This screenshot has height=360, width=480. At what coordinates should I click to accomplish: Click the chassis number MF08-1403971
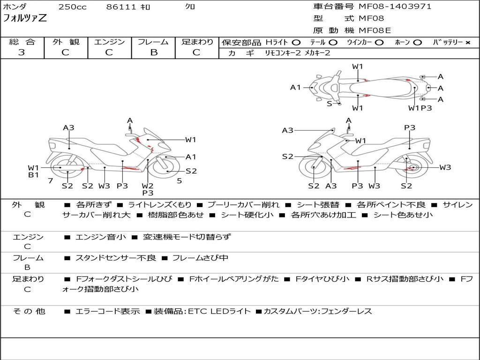[x=395, y=7]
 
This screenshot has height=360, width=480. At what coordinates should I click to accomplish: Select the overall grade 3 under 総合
[x=22, y=52]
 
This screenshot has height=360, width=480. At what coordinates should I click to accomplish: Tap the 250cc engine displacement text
[x=73, y=7]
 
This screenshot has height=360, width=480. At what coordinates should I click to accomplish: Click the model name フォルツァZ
[x=25, y=18]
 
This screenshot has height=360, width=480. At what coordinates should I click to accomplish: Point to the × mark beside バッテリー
[x=468, y=43]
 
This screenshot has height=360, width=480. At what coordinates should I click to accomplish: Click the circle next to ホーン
[x=418, y=43]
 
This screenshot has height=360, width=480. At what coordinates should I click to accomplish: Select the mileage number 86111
[x=121, y=7]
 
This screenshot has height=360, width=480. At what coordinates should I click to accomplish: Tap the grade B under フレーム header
[x=154, y=52]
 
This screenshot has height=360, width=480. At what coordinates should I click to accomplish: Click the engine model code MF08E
[x=375, y=30]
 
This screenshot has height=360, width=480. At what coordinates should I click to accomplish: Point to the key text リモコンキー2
[x=283, y=53]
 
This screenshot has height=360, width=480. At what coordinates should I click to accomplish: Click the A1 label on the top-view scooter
[x=295, y=88]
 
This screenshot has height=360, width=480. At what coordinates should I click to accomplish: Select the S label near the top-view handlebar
[x=330, y=104]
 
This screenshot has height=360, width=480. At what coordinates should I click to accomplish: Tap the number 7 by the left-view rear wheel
[x=51, y=181]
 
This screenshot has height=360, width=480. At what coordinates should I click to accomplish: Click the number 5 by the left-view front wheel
[x=180, y=181]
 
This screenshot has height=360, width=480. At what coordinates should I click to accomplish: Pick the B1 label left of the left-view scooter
[x=33, y=175]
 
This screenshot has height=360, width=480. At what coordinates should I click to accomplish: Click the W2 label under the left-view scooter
[x=148, y=186]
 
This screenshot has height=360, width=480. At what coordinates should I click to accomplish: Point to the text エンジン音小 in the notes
[x=100, y=237]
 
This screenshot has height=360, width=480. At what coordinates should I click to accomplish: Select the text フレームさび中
[x=200, y=258]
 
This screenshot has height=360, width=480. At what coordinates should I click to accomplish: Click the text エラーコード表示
[x=107, y=311]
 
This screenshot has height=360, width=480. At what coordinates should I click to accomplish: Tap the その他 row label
[x=29, y=311]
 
